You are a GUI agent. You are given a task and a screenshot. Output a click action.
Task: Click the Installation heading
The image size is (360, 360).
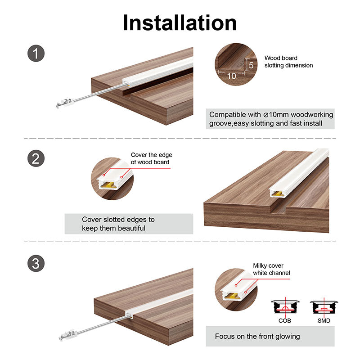(x=180, y=22)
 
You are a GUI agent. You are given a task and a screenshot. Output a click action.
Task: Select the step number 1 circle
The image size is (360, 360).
(x=36, y=54)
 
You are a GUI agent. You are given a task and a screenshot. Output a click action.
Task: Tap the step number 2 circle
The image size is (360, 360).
(x=36, y=159)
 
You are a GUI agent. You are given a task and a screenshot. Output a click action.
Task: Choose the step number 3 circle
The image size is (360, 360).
(x=36, y=264)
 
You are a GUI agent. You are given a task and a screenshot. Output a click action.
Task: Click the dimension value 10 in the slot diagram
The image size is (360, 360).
(x=231, y=76)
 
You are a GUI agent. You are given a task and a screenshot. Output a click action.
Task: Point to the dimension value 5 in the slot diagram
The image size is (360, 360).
(x=251, y=65)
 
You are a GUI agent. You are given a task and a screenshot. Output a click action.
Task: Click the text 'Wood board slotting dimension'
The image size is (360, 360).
(x=288, y=62)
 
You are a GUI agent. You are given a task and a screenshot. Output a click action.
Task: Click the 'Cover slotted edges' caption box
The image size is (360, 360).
(x=129, y=224)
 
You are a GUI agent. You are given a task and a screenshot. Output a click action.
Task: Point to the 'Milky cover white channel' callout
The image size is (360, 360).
(x=271, y=269)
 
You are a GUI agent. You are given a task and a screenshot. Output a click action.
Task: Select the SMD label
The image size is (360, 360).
(x=324, y=320)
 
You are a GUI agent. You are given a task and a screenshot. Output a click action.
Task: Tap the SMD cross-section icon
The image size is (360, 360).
(x=324, y=308)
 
